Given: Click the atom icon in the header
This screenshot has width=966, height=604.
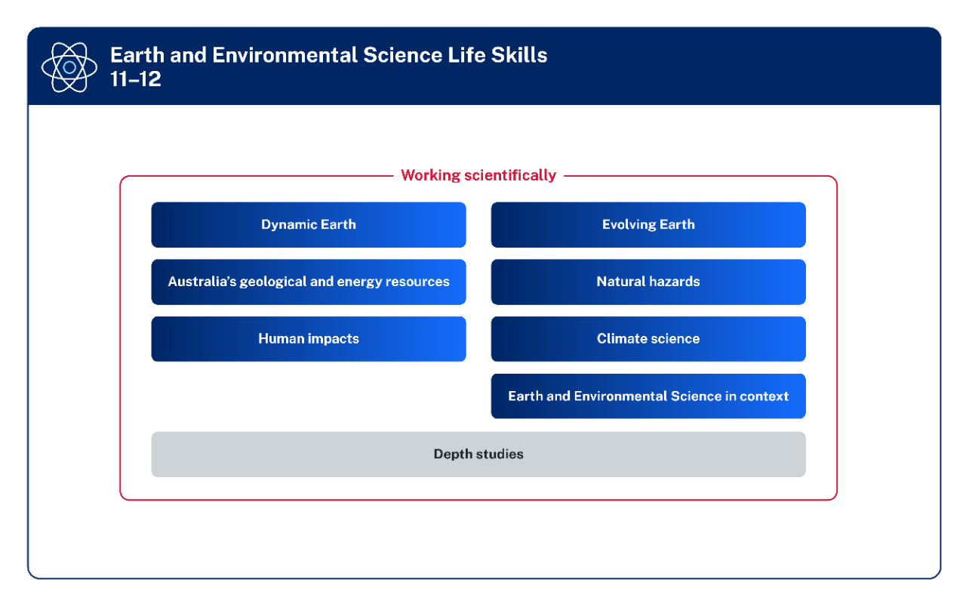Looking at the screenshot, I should [69, 67].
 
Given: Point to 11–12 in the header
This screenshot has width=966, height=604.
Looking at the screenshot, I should [136, 79].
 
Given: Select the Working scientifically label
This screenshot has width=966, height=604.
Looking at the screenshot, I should [478, 175].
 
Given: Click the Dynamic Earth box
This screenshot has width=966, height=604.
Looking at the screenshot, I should [308, 224].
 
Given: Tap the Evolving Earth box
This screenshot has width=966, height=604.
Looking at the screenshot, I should [648, 224].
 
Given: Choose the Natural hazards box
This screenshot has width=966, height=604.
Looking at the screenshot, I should [648, 282].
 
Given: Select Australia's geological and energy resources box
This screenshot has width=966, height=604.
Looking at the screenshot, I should [308, 282].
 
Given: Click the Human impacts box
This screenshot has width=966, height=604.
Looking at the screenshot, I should [308, 339].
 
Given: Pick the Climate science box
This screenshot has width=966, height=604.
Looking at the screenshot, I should [648, 339].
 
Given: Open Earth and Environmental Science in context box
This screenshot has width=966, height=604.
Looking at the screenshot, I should [648, 396].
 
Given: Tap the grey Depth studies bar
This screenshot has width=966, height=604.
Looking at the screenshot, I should [478, 455].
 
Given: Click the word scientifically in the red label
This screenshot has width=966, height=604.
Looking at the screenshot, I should [510, 175].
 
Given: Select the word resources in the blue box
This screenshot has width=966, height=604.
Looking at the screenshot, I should [417, 282].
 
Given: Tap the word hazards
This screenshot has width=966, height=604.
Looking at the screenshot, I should [675, 282].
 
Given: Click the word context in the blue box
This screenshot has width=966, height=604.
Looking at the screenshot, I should [764, 396].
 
